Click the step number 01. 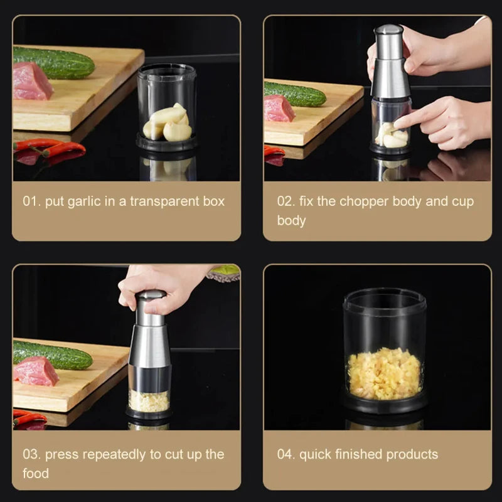(31, 202)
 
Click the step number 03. (31, 454)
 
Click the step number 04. (285, 454)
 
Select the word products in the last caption (408, 454)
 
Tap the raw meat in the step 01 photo (31, 82)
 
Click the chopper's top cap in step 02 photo (388, 30)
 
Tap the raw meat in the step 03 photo (35, 371)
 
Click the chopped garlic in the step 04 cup (384, 375)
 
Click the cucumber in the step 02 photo (295, 94)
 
